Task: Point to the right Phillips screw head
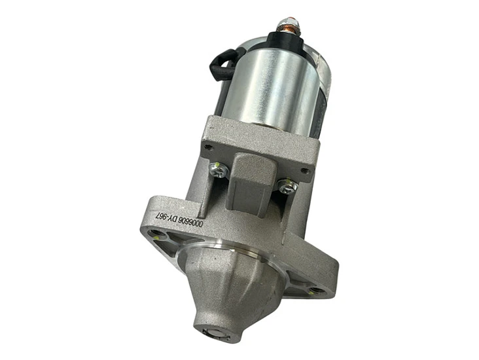pos(286,187)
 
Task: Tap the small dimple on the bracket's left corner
pos(208,144)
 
